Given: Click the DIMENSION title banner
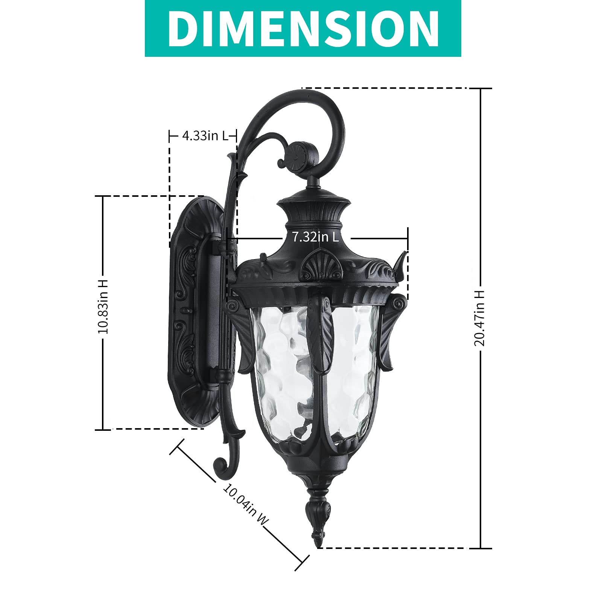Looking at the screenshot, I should point(303,29).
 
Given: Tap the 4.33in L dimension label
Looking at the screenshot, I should point(205,135).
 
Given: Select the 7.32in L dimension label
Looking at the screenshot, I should point(315,237).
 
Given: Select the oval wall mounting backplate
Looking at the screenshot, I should point(192,312).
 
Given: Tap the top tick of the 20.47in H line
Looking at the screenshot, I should point(480,88).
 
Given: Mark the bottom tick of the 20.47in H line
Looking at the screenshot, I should point(480,548).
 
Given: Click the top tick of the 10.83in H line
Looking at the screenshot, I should point(103,196).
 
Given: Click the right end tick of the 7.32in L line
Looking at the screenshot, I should point(407,238).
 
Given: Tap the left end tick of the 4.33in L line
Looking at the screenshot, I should point(170,135).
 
